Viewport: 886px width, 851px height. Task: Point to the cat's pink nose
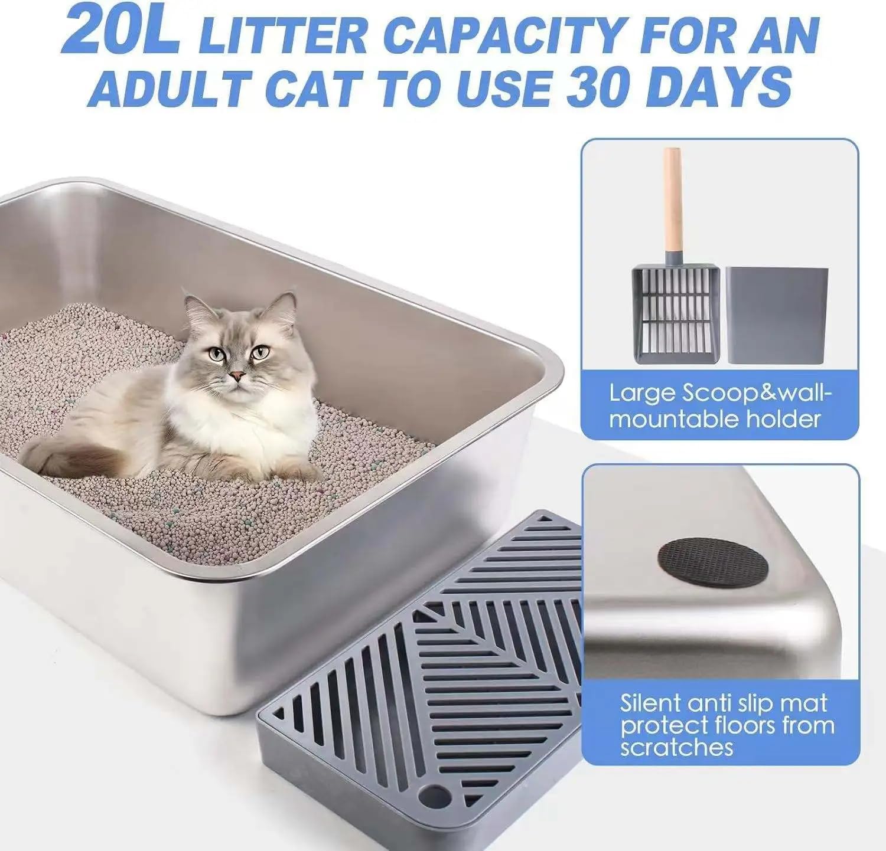[x=237, y=375]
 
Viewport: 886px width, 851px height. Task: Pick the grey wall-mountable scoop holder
[x=776, y=315]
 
